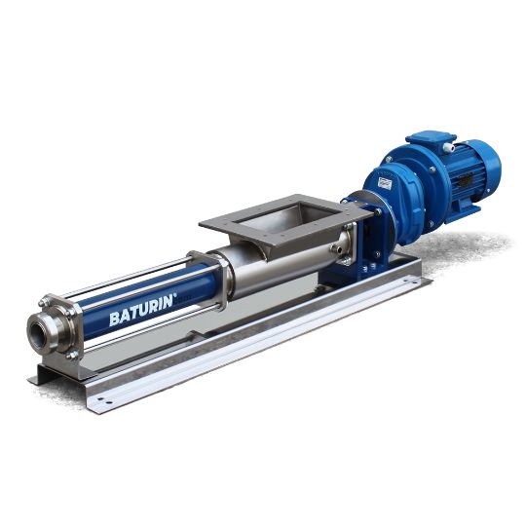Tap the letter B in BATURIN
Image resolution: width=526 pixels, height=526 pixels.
(x=114, y=319)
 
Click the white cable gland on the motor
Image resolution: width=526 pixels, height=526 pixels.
(x=449, y=147)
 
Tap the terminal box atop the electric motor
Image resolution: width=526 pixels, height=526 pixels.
(x=432, y=141)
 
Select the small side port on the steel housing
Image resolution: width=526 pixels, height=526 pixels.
(x=336, y=249)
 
